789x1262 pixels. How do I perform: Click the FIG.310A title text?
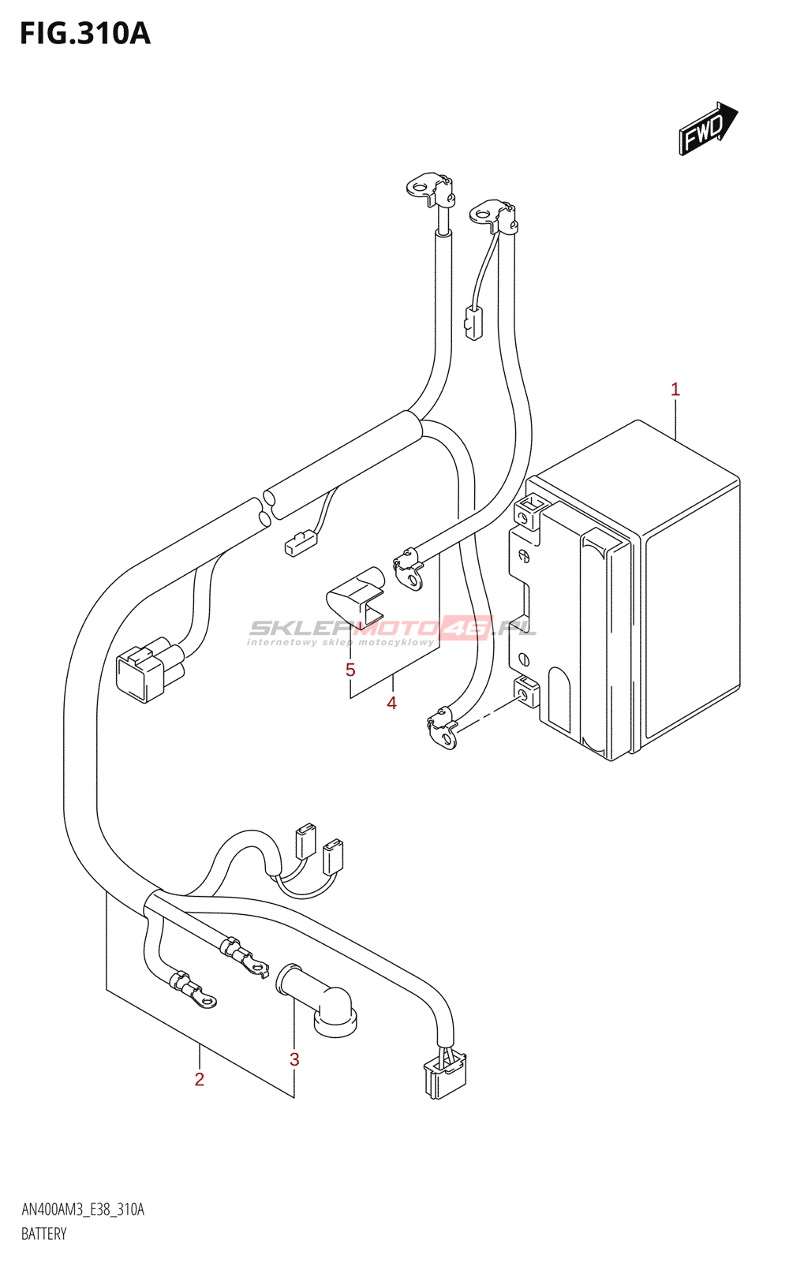click(x=84, y=34)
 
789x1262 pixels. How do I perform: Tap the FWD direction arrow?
click(x=707, y=128)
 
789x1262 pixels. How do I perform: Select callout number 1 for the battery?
click(x=675, y=389)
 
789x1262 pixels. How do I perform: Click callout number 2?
click(x=200, y=1079)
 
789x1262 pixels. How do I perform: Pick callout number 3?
click(x=294, y=1059)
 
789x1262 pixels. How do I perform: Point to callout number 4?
click(x=391, y=703)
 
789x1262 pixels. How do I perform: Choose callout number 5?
click(x=350, y=670)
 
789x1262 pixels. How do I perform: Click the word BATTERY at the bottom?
click(x=44, y=1234)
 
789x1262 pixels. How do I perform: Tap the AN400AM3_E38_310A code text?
click(x=83, y=1210)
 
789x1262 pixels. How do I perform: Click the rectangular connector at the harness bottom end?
click(x=444, y=1074)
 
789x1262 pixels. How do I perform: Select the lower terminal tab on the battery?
click(x=526, y=692)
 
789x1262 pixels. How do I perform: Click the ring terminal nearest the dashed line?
click(x=443, y=730)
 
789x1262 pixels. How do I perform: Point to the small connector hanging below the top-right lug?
click(x=473, y=323)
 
